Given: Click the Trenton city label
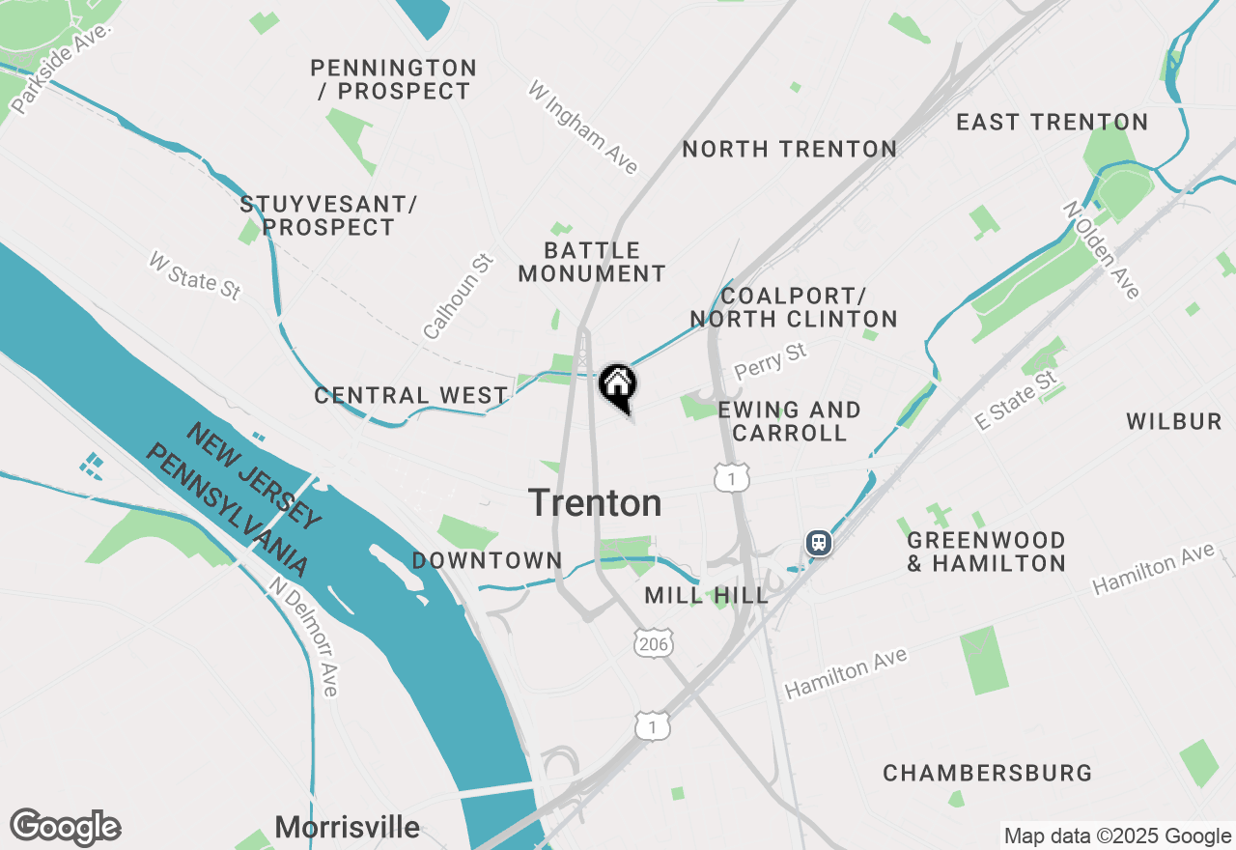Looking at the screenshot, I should coord(595,503).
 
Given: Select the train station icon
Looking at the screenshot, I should coord(819,543).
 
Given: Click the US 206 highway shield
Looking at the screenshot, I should coord(654,643).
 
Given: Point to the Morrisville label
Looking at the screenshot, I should coord(347,827).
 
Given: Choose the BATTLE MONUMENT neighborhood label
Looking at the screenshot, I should coord(592,263).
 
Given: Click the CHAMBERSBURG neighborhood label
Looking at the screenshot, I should coord(987,774).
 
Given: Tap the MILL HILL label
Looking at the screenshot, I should coord(706,595).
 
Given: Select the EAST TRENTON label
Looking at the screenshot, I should coord(1052,123).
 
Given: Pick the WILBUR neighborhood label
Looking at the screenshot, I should coord(1173,421).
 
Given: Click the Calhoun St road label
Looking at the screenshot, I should coord(459,297).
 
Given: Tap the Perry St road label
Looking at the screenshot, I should coord(770,360).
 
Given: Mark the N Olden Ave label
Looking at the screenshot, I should coord(1102,249).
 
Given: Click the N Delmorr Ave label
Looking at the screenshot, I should coord(304,637).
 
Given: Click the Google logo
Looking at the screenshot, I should coord(66,828).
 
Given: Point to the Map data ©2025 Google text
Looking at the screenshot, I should coord(1117,836).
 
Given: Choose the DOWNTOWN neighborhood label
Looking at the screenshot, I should coord(487,560).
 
